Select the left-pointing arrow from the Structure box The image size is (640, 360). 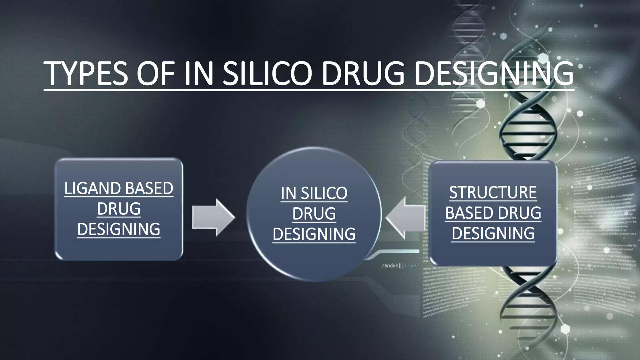point(405,217)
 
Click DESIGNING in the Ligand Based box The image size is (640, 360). point(119,229)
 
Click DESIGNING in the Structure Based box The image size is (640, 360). point(493,233)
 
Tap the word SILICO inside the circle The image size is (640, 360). point(324,193)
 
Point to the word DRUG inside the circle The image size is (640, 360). point(314,213)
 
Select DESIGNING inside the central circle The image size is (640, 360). point(314,234)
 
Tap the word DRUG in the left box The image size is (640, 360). point(119,209)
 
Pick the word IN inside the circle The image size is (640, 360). point(288,193)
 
